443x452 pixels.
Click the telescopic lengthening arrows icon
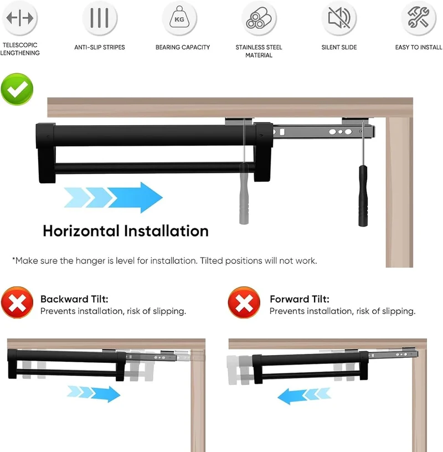19,18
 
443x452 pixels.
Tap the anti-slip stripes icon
100,18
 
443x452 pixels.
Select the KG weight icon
179,17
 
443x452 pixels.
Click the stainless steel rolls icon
259,18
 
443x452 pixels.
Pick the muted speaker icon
339,18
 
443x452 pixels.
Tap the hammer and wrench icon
419,17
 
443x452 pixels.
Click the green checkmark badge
17,89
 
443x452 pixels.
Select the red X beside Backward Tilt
17,302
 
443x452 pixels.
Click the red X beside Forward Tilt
244,302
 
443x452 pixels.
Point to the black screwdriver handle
363,196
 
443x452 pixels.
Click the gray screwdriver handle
244,193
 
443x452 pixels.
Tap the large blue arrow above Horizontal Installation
114,197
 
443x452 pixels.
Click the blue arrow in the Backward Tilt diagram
94,394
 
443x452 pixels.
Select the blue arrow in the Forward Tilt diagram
304,396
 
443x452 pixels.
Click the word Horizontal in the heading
81,231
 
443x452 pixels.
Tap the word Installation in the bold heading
166,231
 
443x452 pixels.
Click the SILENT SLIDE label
339,47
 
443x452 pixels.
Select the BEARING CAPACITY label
183,47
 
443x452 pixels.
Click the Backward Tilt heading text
74,299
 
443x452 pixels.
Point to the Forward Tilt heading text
300,299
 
